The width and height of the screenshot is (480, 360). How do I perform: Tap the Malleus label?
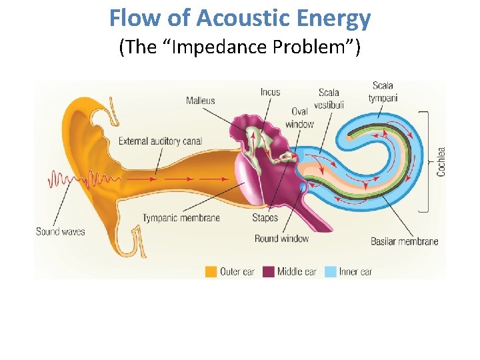click(201, 101)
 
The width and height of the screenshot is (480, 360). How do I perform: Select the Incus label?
click(270, 92)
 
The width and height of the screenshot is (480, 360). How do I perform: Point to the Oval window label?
click(299, 118)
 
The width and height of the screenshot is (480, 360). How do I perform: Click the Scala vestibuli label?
click(329, 99)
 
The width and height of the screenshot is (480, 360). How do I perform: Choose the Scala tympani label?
click(383, 91)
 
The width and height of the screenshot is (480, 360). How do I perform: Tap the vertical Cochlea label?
click(441, 161)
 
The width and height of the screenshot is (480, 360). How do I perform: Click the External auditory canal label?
click(160, 141)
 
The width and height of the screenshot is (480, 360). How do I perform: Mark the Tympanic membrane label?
click(181, 218)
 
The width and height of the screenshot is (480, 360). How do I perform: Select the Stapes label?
click(265, 218)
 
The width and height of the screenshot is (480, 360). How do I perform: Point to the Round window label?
click(281, 238)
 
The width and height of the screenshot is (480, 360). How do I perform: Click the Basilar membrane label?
click(404, 241)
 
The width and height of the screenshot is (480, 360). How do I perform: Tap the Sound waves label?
click(61, 231)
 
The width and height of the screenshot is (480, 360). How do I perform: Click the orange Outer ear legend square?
click(211, 271)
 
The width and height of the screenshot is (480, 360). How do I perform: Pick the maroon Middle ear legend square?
click(268, 271)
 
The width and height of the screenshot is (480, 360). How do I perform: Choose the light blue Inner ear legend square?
click(331, 271)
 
